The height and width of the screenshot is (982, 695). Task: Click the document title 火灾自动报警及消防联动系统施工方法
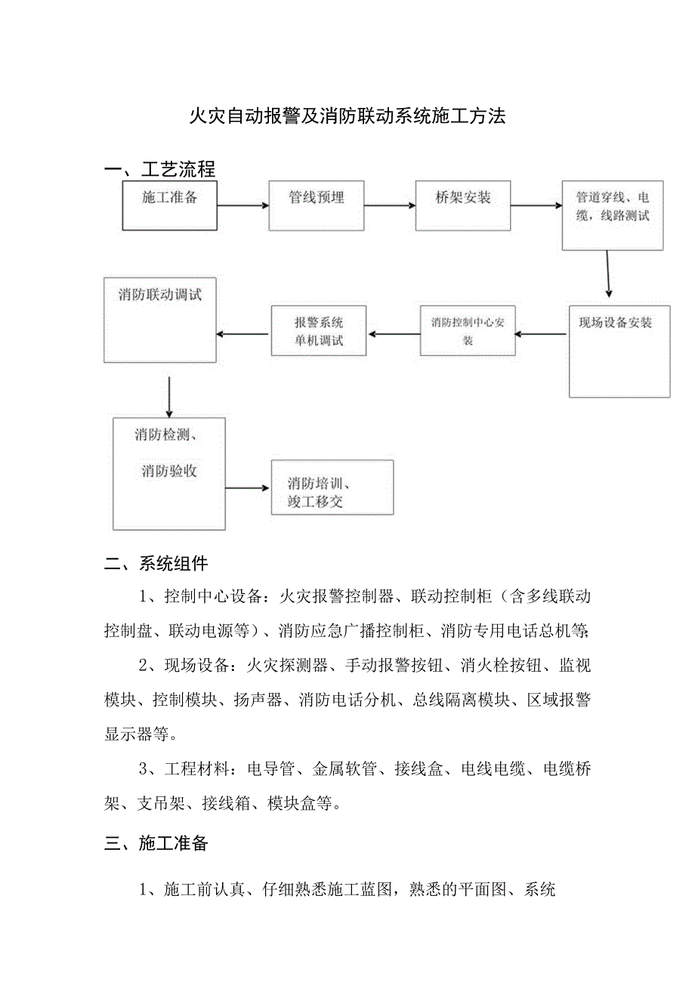click(x=347, y=116)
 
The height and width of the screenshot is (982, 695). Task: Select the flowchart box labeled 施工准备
click(x=170, y=205)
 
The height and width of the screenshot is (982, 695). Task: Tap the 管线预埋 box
click(x=317, y=205)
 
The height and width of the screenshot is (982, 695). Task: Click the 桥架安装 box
click(x=463, y=205)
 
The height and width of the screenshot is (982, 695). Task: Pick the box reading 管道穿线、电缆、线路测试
click(x=613, y=215)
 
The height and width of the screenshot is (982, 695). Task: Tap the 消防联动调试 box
click(x=160, y=319)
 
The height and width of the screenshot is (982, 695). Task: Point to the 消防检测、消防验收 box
click(x=169, y=472)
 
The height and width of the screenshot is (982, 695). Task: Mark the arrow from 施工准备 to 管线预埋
click(x=242, y=205)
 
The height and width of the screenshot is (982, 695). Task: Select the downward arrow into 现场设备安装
click(x=608, y=275)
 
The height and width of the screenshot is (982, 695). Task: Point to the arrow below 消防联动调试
click(x=168, y=396)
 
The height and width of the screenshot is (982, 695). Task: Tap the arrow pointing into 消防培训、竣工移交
click(x=248, y=488)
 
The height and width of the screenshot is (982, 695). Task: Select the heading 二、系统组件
click(x=156, y=564)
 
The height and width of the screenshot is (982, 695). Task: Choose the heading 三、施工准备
click(x=156, y=844)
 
